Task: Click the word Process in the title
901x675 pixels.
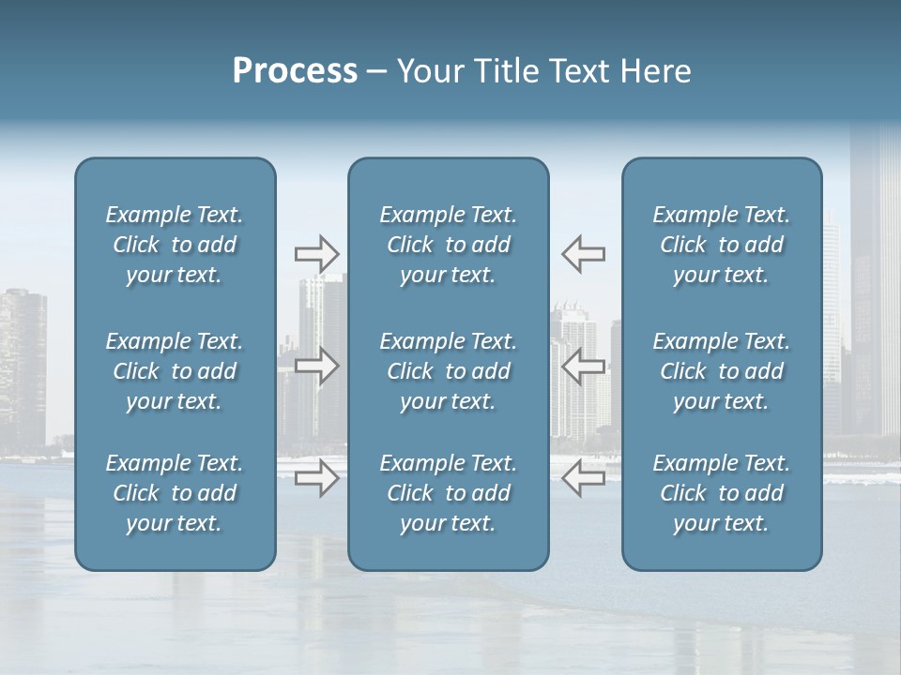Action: pyautogui.click(x=295, y=71)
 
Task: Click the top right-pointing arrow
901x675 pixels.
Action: pyautogui.click(x=317, y=254)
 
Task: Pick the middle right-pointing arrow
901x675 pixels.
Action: pyautogui.click(x=317, y=367)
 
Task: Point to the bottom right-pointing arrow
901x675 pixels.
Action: pyautogui.click(x=317, y=479)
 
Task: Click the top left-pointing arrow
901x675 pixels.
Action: pyautogui.click(x=583, y=254)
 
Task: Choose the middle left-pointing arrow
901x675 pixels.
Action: pyautogui.click(x=583, y=367)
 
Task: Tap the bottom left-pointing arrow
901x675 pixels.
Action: pyautogui.click(x=583, y=479)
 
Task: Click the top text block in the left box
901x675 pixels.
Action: pyautogui.click(x=175, y=245)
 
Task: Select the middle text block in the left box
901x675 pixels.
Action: pyautogui.click(x=175, y=371)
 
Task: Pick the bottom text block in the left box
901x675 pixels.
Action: pyautogui.click(x=175, y=493)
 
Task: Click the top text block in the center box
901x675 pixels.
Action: pyautogui.click(x=449, y=245)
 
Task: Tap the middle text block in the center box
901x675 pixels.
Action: pyautogui.click(x=449, y=371)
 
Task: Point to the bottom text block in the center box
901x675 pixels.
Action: pyautogui.click(x=449, y=493)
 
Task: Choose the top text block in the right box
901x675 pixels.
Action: pyautogui.click(x=722, y=245)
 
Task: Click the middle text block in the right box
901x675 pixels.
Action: pyautogui.click(x=722, y=371)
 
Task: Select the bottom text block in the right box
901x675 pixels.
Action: pyautogui.click(x=722, y=493)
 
